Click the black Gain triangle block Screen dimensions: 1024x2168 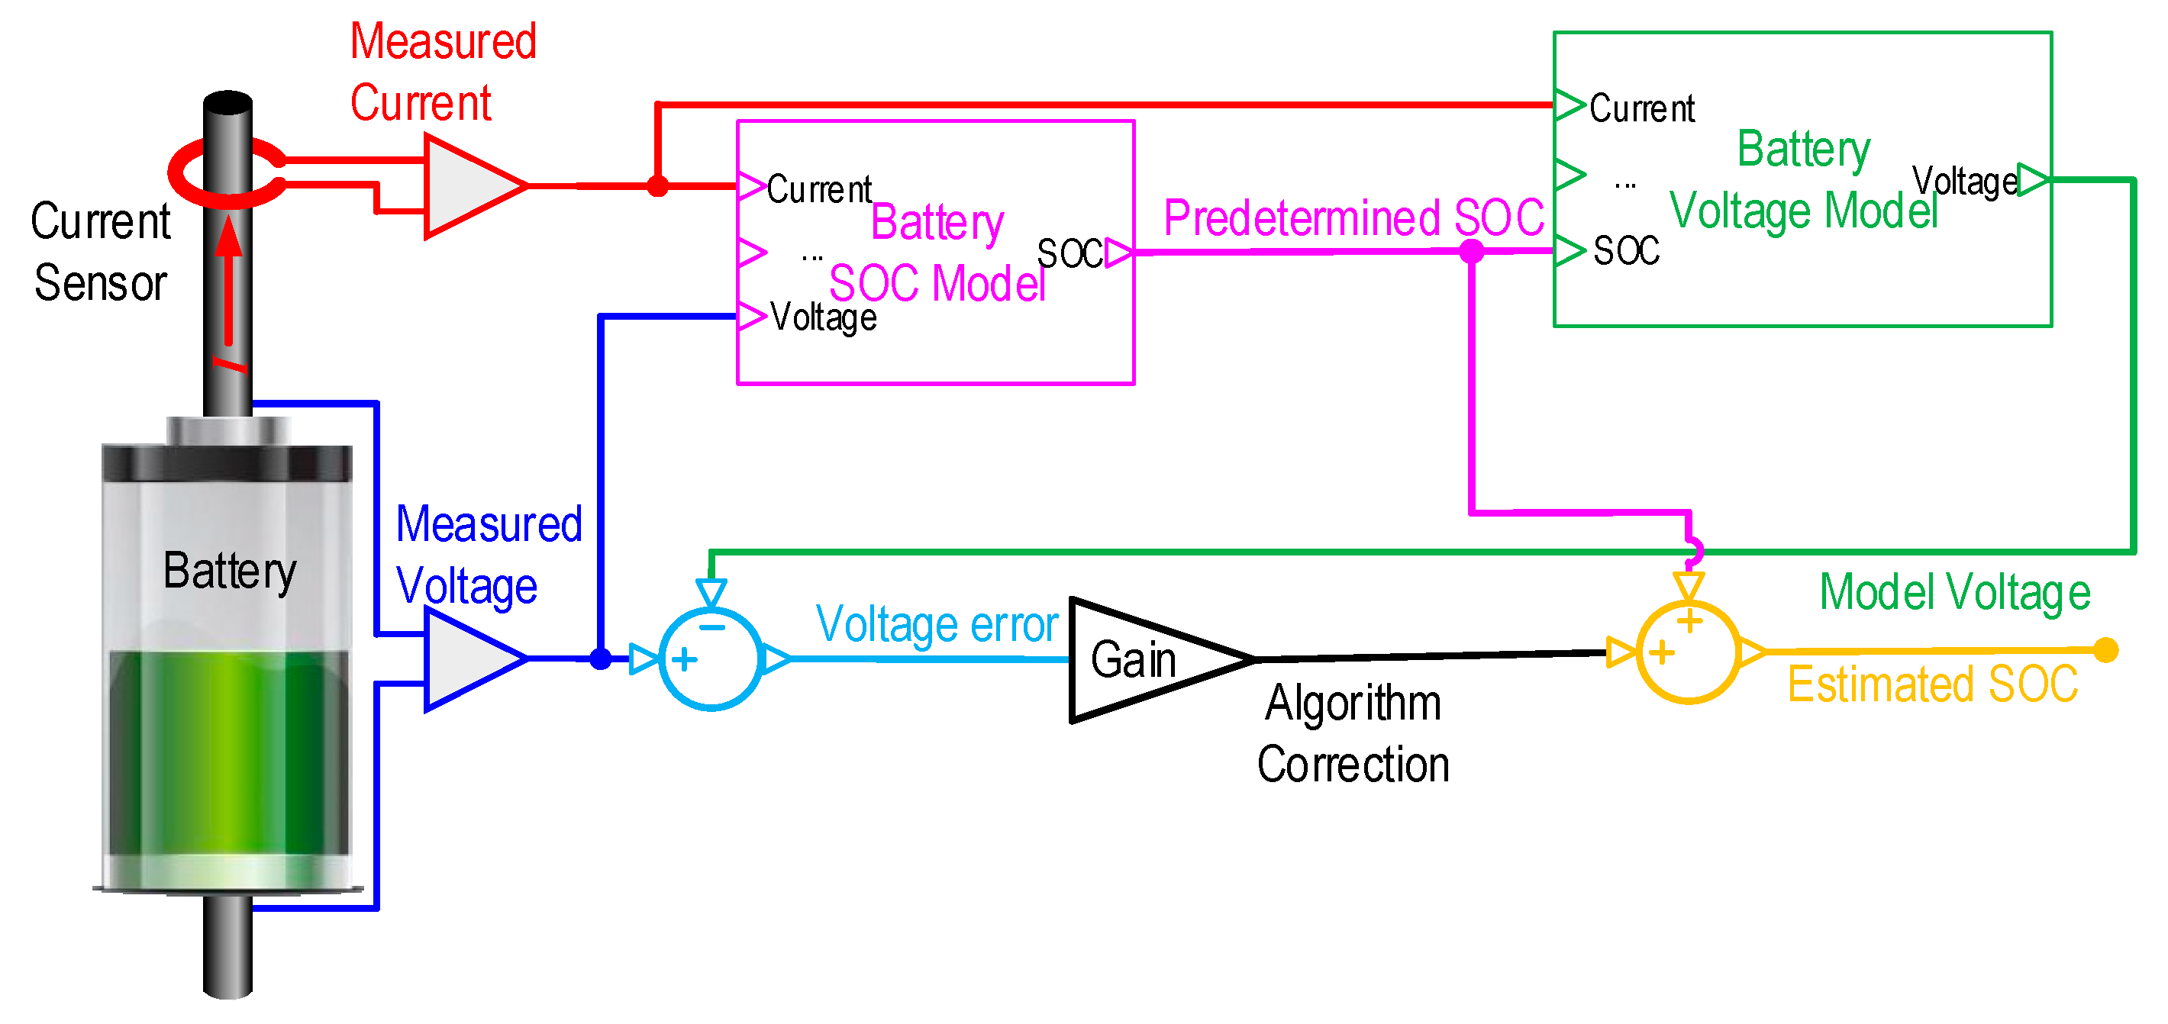(x=1144, y=661)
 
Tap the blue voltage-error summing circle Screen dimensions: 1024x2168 (x=711, y=659)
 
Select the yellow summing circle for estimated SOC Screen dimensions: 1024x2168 (x=1689, y=653)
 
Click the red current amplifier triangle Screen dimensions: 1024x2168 (x=467, y=186)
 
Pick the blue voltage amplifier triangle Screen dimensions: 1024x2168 (x=467, y=659)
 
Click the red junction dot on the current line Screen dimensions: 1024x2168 (x=658, y=186)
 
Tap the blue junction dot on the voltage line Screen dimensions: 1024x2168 (x=601, y=659)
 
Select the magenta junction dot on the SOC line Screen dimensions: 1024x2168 (x=1471, y=251)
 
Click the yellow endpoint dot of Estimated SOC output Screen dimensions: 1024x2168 (x=2105, y=650)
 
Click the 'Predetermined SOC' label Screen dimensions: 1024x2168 (x=1353, y=218)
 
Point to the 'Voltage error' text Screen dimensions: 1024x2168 (x=937, y=624)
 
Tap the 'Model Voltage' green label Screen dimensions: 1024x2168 (x=1954, y=591)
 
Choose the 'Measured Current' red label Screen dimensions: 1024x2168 (x=442, y=72)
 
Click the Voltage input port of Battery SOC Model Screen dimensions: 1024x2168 (x=750, y=317)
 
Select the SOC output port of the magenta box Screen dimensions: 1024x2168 (x=1118, y=252)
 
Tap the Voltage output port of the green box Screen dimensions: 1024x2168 (x=2032, y=179)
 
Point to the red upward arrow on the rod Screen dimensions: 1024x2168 (x=228, y=278)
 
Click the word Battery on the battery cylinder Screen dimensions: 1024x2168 (x=229, y=572)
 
